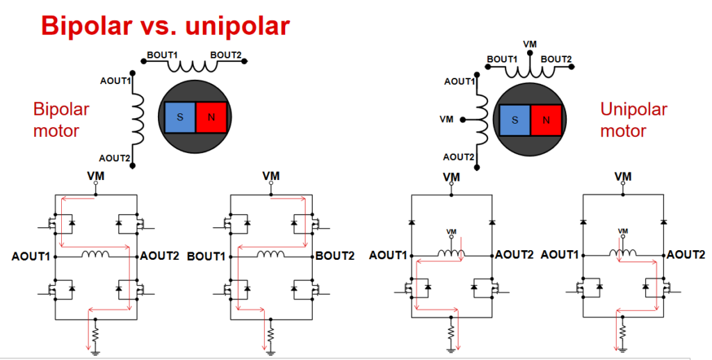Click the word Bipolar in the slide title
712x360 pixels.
pos(86,26)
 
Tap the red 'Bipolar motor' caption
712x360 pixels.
pos(61,120)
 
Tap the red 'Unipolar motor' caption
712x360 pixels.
pos(633,120)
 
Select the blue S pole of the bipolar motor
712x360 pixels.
pos(180,117)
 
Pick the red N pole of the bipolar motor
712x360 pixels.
pos(211,117)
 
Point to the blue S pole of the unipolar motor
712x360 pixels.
pos(515,120)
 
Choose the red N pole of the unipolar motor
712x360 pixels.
pos(546,120)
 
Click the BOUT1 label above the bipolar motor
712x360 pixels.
pos(162,55)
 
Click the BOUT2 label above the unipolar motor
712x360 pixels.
pos(556,59)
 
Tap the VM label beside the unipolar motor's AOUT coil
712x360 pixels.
pos(446,120)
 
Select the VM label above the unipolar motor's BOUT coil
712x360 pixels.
pos(530,44)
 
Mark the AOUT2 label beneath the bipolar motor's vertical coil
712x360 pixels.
pos(115,158)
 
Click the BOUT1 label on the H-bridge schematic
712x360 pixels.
pos(206,256)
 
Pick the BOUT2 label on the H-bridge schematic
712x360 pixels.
pos(335,256)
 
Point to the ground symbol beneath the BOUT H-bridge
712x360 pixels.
pos(270,352)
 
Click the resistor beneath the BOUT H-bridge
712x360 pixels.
pos(270,336)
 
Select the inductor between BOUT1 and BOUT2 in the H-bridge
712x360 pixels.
pos(271,254)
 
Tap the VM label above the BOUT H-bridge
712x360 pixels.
pos(271,176)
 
